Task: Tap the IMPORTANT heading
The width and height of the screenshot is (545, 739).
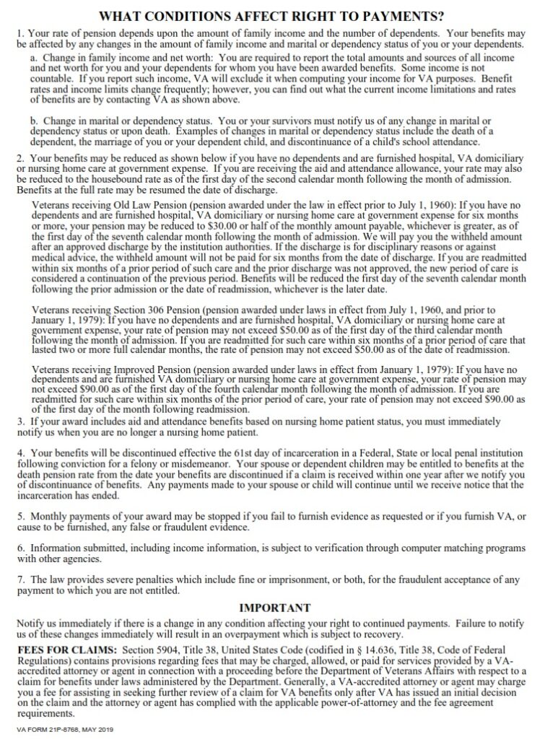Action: (274, 608)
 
